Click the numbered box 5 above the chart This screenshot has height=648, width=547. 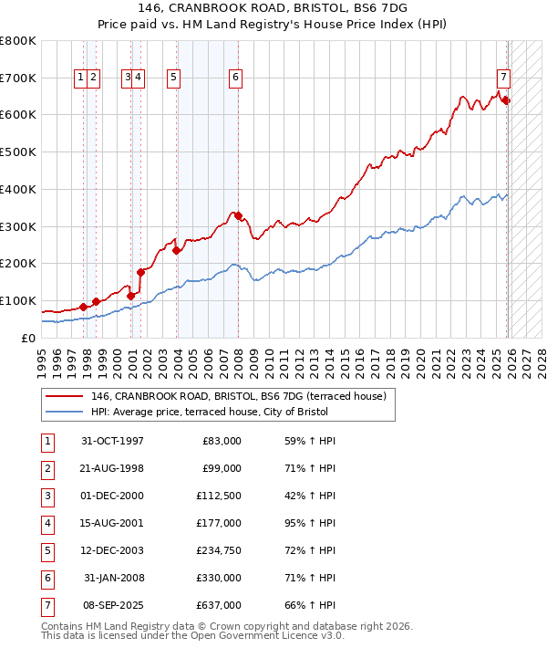click(x=173, y=78)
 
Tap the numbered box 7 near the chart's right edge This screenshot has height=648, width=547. click(x=503, y=78)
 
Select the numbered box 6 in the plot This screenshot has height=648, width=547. click(x=235, y=78)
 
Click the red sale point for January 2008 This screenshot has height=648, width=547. click(x=239, y=216)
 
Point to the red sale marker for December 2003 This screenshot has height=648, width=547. click(x=176, y=251)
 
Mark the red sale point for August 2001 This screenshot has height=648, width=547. click(x=141, y=272)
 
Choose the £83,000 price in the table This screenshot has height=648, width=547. click(x=220, y=441)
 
